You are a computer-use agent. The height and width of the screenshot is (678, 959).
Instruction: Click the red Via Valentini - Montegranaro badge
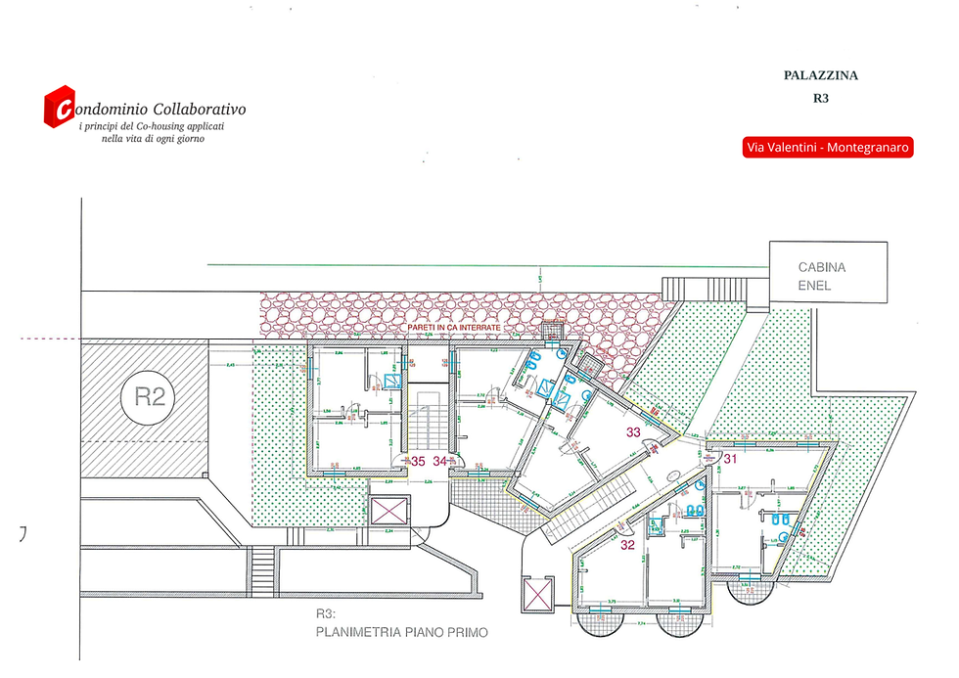tap(828, 147)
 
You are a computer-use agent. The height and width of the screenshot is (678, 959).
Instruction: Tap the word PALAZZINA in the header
tap(820, 74)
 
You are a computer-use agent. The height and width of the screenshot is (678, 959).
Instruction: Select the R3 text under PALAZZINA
tap(820, 98)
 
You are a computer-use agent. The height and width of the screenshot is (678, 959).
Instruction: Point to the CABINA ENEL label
tap(822, 276)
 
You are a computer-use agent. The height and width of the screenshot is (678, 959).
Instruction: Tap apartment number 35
tap(418, 460)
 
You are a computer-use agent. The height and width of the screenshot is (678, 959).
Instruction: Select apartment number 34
tap(440, 460)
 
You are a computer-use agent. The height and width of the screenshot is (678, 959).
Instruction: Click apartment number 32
tap(627, 546)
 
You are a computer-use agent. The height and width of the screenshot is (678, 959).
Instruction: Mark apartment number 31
tap(729, 459)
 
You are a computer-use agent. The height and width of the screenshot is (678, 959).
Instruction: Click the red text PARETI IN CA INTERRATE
tap(454, 328)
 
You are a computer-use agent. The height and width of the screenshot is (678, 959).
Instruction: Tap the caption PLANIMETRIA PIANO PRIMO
tap(401, 632)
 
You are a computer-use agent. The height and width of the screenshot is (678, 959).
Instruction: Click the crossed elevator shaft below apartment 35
tap(389, 511)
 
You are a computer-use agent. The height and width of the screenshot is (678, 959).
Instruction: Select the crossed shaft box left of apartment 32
tap(538, 594)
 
